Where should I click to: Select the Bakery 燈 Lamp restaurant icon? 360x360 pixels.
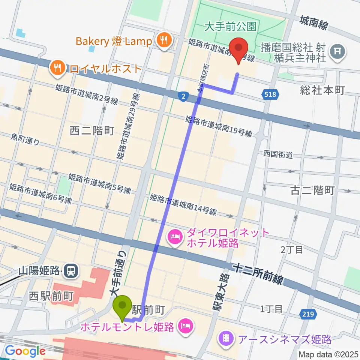click(x=163, y=40)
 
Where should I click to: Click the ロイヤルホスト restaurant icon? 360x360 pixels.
click(x=57, y=68)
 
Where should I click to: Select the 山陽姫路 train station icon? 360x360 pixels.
click(x=70, y=270)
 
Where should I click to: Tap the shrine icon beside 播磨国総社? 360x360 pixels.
click(x=336, y=50)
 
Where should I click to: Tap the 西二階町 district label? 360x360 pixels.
click(x=92, y=130)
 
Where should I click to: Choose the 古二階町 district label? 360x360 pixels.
click(x=312, y=190)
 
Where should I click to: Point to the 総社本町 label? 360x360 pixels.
click(x=322, y=90)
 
